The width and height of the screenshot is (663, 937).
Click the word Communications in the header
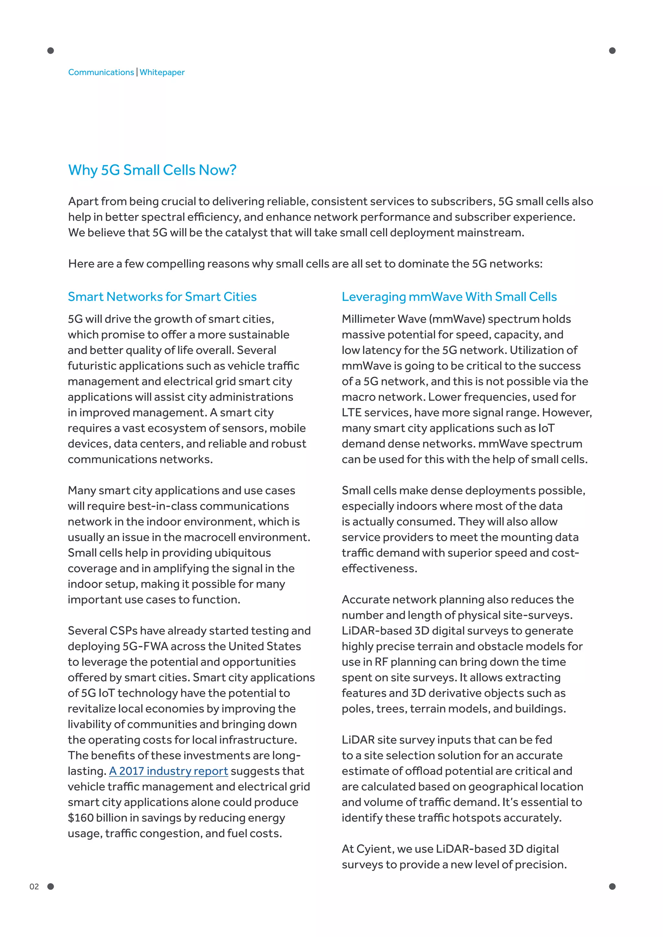tap(101, 72)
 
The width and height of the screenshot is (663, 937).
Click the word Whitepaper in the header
tap(162, 72)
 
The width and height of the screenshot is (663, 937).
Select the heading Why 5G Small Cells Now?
tap(152, 170)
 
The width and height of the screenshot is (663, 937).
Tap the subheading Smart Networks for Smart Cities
tap(162, 297)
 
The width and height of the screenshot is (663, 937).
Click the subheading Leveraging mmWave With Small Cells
tap(449, 297)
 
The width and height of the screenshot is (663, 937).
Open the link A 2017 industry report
tap(168, 771)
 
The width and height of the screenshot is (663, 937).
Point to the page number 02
tap(34, 887)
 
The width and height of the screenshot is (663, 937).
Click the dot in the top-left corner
tap(51, 50)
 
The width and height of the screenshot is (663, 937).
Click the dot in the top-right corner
tap(612, 50)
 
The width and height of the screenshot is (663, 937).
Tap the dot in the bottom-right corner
tap(612, 887)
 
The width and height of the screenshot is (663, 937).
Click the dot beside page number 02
tap(51, 887)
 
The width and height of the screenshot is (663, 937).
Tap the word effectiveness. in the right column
tap(379, 568)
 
